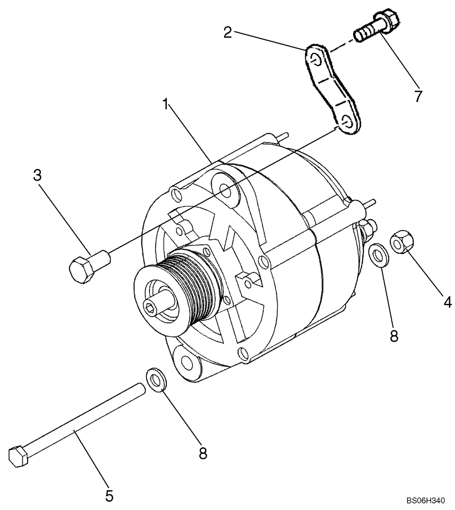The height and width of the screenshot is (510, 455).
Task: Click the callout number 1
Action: coord(166,105)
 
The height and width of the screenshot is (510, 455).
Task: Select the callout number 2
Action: coord(228,33)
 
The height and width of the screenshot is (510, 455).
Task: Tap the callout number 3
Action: coord(37,175)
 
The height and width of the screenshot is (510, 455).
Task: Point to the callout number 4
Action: coord(447,302)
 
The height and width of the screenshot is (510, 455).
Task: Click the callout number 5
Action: coord(109,495)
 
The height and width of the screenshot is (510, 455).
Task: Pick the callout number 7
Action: coord(418,96)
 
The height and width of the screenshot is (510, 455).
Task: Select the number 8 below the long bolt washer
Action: coord(203,453)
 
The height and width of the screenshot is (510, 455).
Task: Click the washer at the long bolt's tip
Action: coord(155,378)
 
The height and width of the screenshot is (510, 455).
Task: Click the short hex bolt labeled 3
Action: coord(87,266)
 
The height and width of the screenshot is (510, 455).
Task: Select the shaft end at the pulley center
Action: coord(151,307)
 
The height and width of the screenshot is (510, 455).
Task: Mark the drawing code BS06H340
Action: coord(429,502)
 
